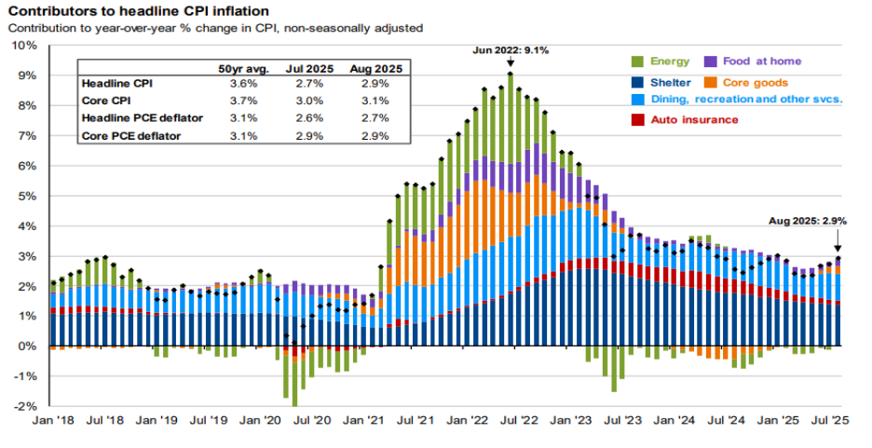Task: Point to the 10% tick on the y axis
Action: (x=24, y=45)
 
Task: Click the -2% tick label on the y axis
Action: (x=24, y=407)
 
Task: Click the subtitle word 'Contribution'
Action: (x=37, y=28)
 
